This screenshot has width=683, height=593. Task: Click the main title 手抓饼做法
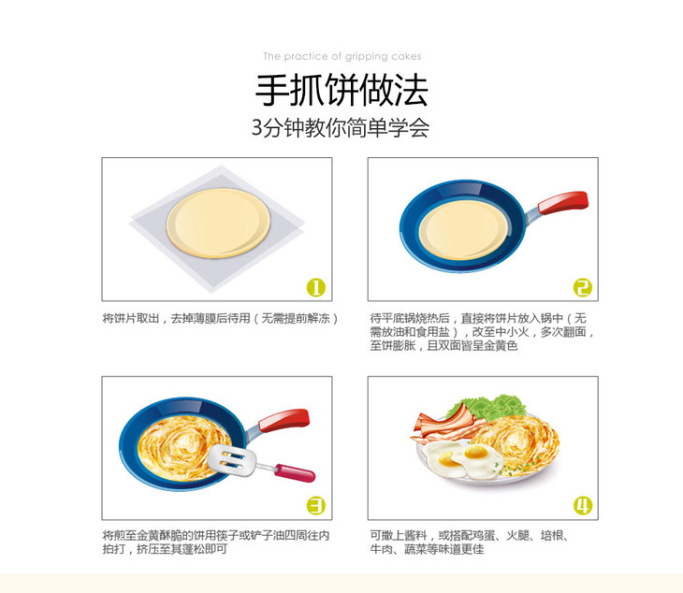[341, 90]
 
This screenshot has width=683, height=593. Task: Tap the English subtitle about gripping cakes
[341, 57]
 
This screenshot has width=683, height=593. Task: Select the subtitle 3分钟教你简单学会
[341, 127]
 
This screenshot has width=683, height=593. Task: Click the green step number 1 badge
[316, 287]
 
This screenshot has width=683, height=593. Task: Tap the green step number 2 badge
[582, 287]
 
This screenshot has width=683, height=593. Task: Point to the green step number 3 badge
[316, 506]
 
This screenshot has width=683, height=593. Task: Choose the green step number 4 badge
[582, 506]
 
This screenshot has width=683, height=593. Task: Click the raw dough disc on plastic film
[218, 223]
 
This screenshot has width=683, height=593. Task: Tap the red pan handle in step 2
[563, 202]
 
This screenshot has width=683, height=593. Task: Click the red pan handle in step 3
[283, 420]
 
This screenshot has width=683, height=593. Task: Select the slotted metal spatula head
[231, 460]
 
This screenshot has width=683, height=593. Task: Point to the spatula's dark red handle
[295, 473]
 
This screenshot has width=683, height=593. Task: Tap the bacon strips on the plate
[446, 426]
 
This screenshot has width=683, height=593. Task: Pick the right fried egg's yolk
[475, 453]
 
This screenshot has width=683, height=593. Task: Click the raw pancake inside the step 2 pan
[463, 230]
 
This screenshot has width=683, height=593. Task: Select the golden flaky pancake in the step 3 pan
[183, 448]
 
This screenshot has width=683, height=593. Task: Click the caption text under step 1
[221, 319]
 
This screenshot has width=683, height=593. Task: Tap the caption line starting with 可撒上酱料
[469, 536]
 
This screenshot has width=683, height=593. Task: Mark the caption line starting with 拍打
[165, 549]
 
